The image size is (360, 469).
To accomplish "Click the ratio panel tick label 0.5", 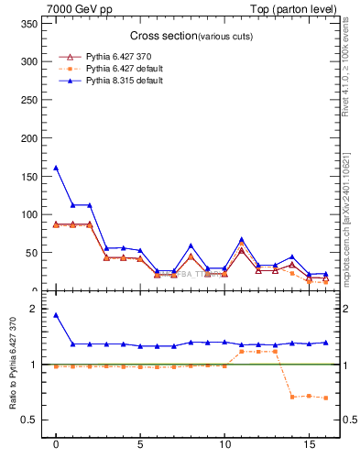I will [28, 420].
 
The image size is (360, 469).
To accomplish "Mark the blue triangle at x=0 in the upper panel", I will [56, 168].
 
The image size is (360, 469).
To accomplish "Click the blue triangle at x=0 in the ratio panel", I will [56, 315].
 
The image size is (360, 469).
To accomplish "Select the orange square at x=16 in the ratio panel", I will [326, 398].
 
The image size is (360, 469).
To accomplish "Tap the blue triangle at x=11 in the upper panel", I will [242, 239].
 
